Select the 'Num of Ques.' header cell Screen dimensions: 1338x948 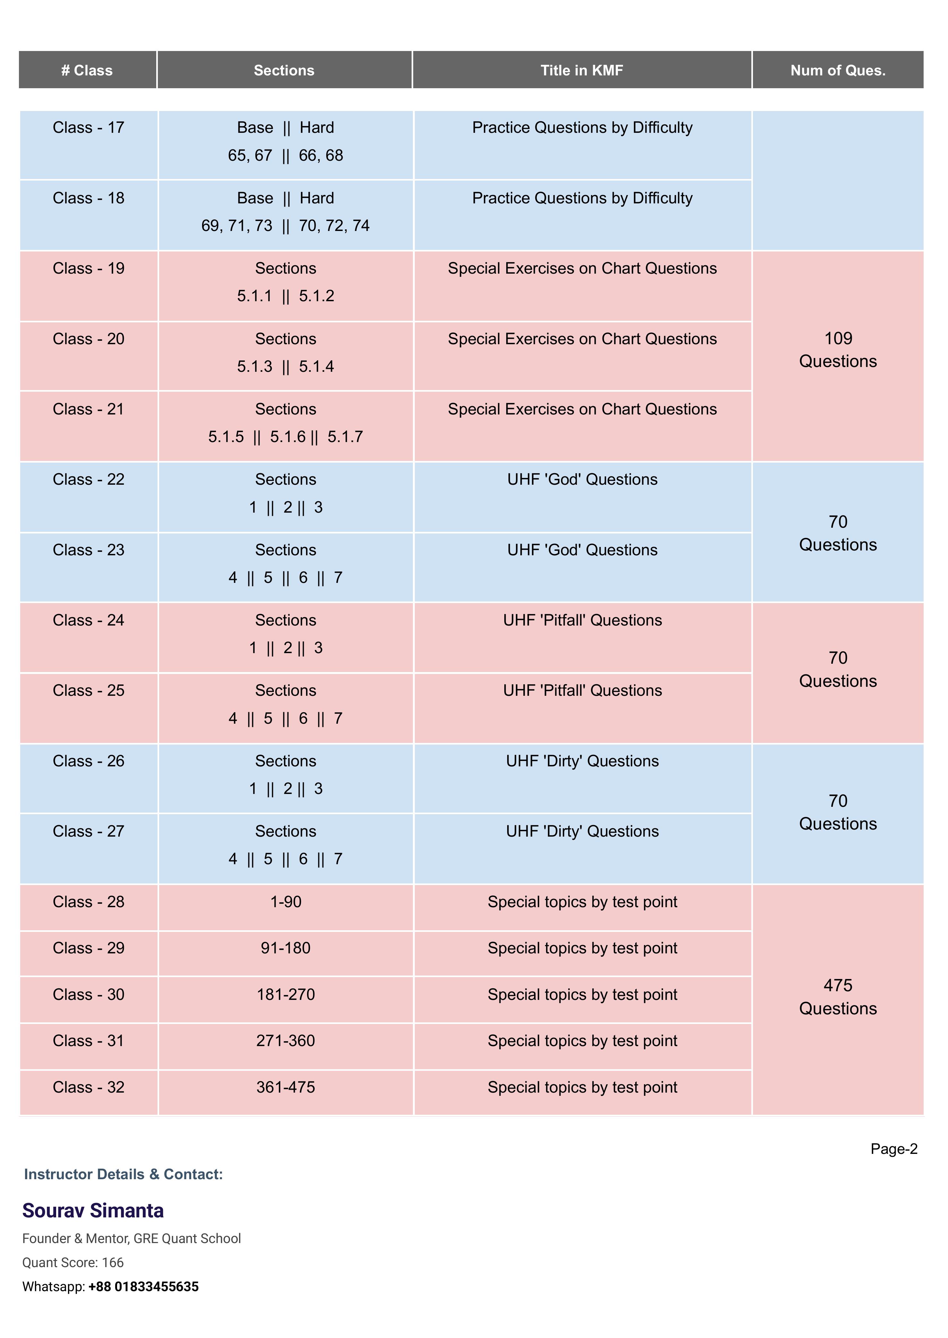838,71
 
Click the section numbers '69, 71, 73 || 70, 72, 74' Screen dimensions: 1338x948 286,226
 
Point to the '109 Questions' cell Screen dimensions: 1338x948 838,350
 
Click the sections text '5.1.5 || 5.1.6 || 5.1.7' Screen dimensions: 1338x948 286,437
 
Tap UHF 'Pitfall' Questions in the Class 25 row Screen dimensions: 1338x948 582,691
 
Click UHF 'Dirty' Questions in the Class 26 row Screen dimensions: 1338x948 582,761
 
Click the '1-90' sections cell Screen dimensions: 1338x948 286,902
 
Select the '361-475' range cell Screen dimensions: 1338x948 286,1087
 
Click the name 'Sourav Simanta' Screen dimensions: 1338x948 93,1211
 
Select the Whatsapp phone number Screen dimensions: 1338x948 144,1287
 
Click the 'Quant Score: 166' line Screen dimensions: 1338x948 73,1263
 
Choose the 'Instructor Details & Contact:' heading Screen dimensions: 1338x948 123,1174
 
